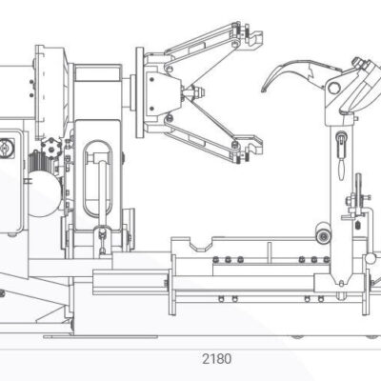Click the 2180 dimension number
tap(217, 359)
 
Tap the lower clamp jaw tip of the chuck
tap(255, 145)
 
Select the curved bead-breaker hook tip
tap(264, 89)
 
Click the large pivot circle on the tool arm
tap(333, 87)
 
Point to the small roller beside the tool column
tap(323, 236)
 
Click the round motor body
tap(45, 193)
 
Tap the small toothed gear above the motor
tap(50, 147)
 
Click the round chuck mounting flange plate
tap(140, 92)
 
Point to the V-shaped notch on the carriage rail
tap(201, 245)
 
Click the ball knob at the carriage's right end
tap(371, 258)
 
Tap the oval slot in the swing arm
tap(97, 178)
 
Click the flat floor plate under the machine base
tap(100, 336)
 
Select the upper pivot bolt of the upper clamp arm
tap(235, 44)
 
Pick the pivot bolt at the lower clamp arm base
tap(169, 118)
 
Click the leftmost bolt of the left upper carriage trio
tap(216, 259)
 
